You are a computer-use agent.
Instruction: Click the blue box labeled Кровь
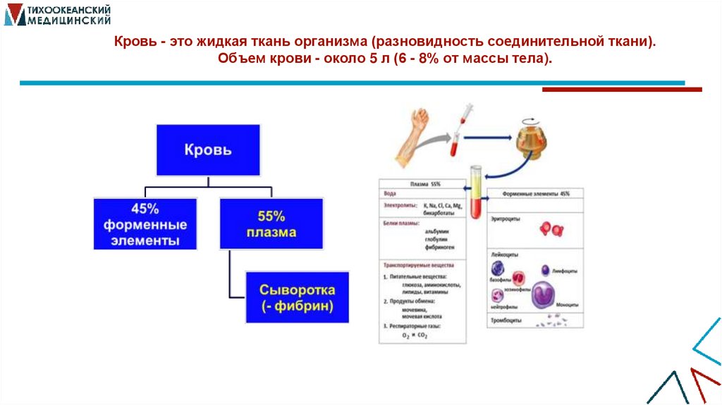[208, 150]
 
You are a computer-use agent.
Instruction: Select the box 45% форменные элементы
[145, 224]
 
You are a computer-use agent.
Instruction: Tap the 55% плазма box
[271, 224]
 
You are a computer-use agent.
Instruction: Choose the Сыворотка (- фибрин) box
[297, 298]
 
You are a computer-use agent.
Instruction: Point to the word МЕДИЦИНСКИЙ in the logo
[68, 20]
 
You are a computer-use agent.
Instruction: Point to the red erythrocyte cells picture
[550, 229]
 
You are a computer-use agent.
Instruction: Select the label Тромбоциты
[506, 320]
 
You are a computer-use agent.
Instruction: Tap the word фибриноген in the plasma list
[439, 248]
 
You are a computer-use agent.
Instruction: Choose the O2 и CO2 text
[415, 335]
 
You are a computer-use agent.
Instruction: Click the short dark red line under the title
[622, 90]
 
